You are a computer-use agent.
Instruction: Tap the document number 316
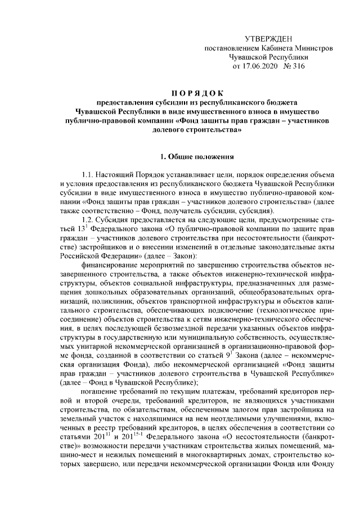point(299,66)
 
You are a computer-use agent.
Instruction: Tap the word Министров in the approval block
point(313,48)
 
